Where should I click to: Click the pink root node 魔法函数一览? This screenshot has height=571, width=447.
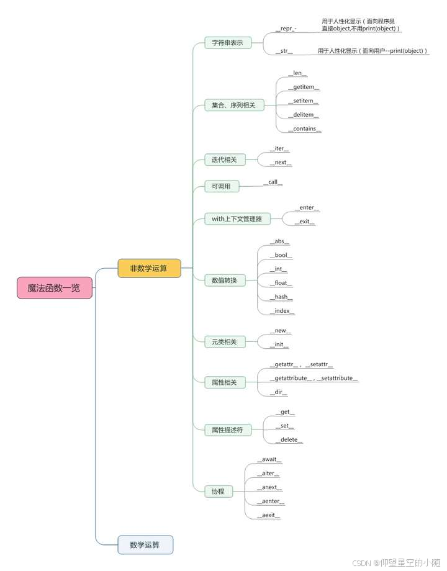[x=55, y=288]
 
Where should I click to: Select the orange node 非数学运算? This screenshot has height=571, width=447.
[x=149, y=268]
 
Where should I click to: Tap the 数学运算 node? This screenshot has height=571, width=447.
[x=145, y=545]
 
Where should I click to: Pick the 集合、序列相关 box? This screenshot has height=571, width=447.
[x=233, y=106]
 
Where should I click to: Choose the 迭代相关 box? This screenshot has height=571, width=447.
[x=224, y=160]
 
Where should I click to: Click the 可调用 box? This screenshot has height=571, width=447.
[x=221, y=186]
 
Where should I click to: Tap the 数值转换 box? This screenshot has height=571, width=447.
[x=224, y=280]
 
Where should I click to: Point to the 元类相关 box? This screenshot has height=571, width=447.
[x=224, y=341]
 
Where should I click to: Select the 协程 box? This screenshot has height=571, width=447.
[x=218, y=492]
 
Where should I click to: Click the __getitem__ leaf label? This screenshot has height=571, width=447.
[x=304, y=88]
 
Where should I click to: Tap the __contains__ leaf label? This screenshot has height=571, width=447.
[x=304, y=129]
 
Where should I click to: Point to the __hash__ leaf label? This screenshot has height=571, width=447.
[x=281, y=297]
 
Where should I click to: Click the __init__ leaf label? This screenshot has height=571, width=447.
[x=279, y=345]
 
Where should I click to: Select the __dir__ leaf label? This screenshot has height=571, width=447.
[x=280, y=392]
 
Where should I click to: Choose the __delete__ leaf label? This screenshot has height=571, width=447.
[x=289, y=440]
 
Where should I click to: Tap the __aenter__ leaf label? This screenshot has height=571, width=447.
[x=271, y=501]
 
